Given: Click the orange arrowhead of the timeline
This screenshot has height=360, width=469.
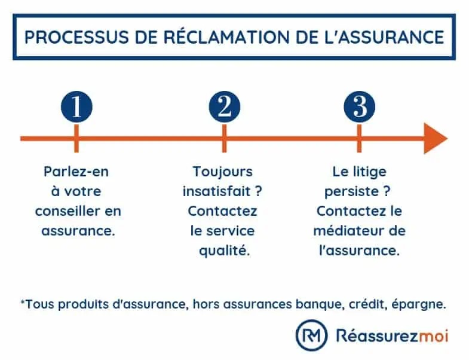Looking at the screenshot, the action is (436, 139).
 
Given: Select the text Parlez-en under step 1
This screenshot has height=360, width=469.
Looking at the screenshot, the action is (76, 172).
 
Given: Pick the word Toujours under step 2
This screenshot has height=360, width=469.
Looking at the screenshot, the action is (222, 172).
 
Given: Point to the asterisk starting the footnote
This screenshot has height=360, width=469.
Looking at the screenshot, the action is (23, 302).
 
